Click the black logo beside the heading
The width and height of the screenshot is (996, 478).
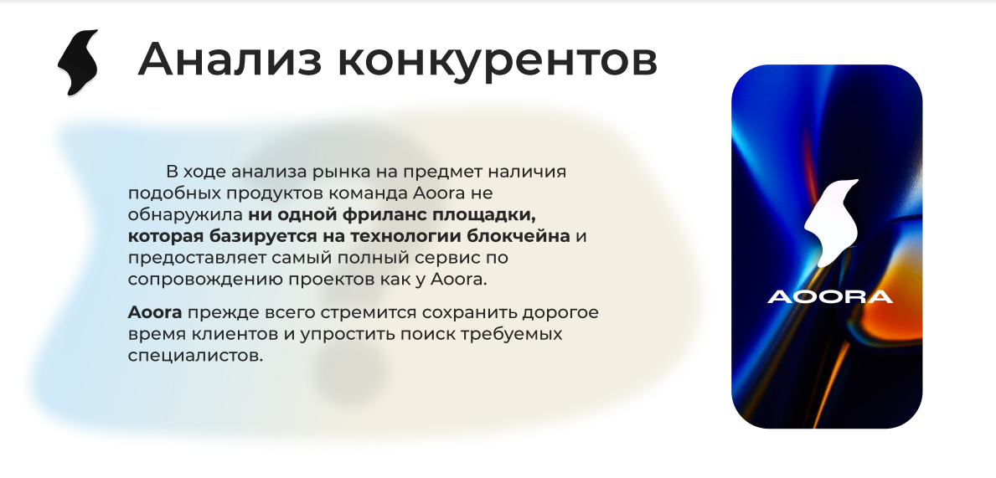[x=78, y=62]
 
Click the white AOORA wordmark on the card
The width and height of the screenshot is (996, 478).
[x=830, y=296]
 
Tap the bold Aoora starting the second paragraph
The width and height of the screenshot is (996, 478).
[x=155, y=312]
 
